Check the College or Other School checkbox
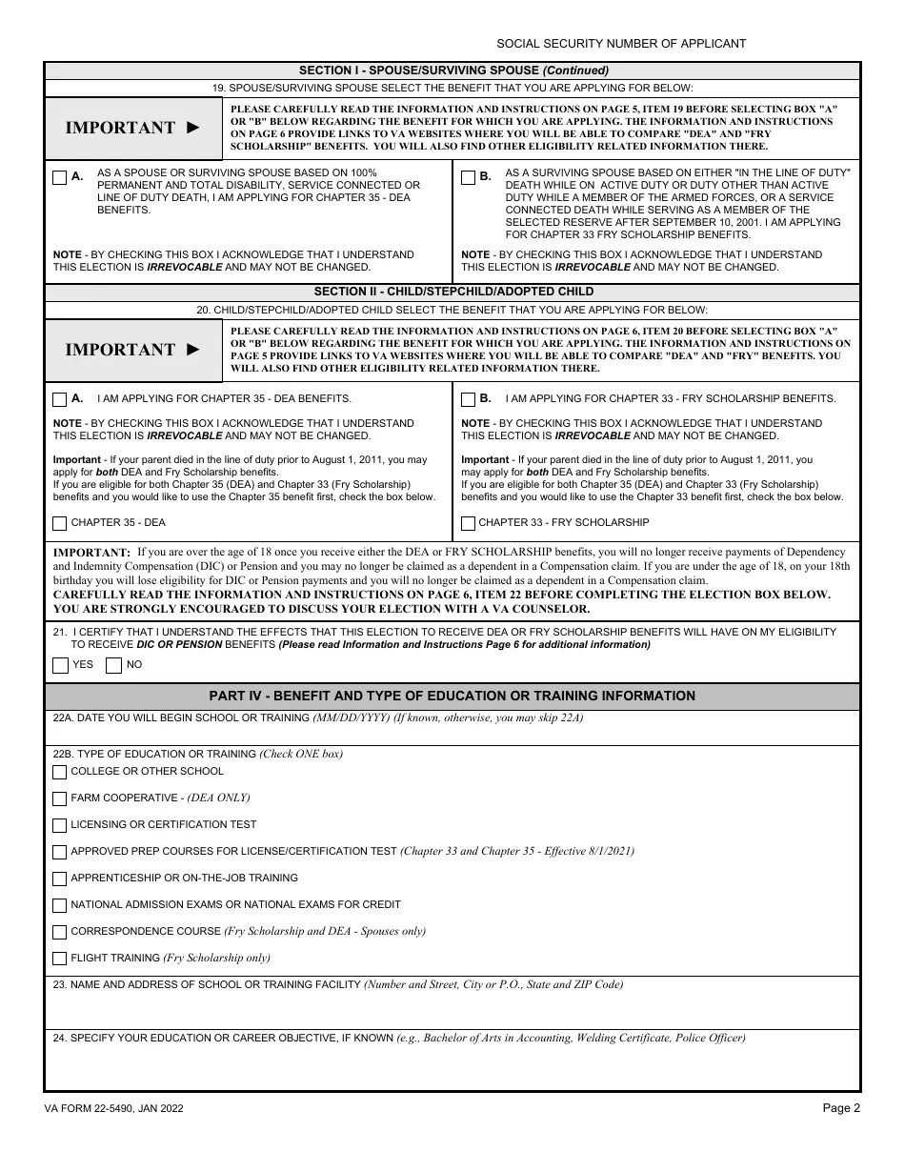[x=60, y=772]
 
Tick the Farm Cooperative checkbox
[x=60, y=798]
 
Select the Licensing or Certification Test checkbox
[x=60, y=825]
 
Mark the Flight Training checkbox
[x=60, y=959]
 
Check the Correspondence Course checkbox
[x=60, y=932]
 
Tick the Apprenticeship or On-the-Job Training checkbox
[x=60, y=879]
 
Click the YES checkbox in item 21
[x=60, y=665]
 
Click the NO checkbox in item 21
[x=113, y=665]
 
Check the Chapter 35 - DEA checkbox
[x=60, y=523]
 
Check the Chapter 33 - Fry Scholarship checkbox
[x=468, y=523]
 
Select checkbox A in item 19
[x=60, y=177]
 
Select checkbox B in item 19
[x=468, y=177]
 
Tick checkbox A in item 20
[x=60, y=399]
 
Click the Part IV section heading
[x=452, y=697]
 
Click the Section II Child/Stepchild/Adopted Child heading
[x=452, y=292]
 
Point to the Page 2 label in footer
[x=841, y=1108]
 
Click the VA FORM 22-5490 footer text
[x=114, y=1109]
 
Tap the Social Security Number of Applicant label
[x=621, y=44]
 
